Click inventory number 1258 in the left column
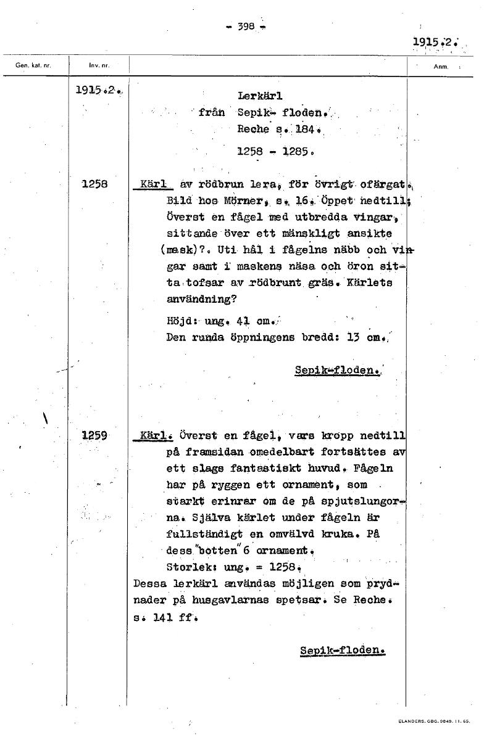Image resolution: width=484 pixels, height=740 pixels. [94, 183]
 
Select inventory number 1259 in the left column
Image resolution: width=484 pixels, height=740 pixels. [94, 435]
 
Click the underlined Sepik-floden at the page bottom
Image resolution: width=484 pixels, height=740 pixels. [342, 651]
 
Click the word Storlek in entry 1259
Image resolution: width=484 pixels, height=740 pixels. [189, 565]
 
